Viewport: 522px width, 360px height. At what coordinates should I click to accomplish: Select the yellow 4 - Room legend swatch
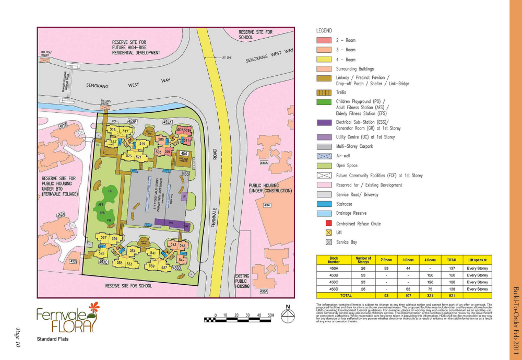click(x=324, y=60)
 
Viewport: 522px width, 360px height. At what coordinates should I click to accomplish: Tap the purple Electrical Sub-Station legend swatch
click(x=324, y=123)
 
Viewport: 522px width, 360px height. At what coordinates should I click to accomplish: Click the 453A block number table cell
click(x=334, y=268)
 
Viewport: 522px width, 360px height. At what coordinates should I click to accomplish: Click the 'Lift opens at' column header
click(x=477, y=259)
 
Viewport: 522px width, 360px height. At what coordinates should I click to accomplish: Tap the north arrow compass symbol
click(x=287, y=314)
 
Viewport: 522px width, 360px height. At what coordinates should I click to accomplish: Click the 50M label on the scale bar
click(x=271, y=316)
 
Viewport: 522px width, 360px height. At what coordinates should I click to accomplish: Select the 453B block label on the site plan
click(x=133, y=122)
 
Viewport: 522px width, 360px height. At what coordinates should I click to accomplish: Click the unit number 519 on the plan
click(x=142, y=144)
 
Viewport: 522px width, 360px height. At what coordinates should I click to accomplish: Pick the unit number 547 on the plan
click(x=182, y=260)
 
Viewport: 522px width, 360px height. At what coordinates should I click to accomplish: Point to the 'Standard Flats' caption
click(x=53, y=340)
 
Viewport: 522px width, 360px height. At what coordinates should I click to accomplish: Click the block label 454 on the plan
click(x=184, y=153)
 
